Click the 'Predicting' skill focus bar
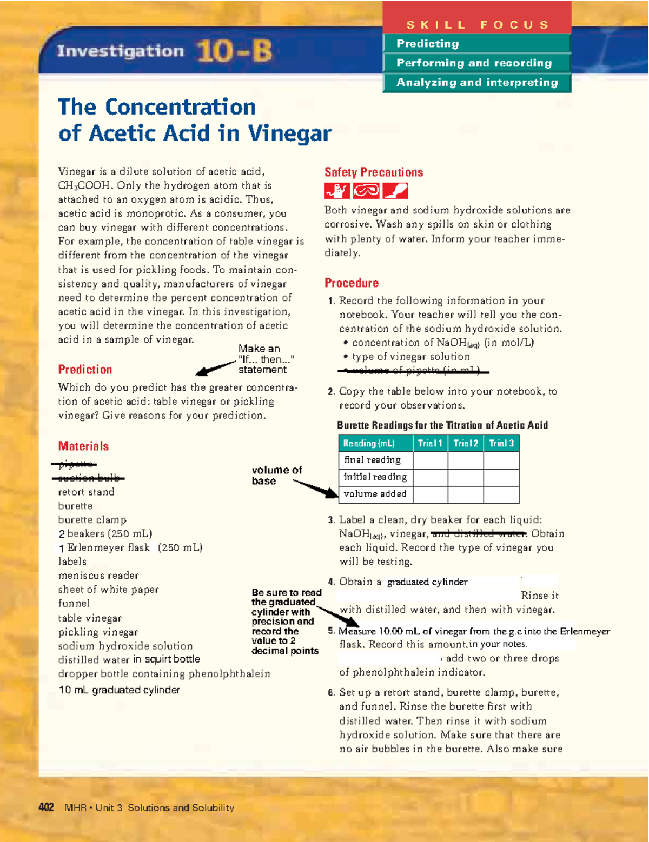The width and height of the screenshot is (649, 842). point(476,44)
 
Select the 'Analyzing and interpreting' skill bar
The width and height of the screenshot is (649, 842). point(476,83)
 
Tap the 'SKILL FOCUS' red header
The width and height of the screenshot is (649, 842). point(477,24)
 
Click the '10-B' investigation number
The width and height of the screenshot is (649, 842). point(234,52)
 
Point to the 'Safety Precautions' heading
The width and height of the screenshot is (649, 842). point(373,172)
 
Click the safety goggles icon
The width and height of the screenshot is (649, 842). point(366,191)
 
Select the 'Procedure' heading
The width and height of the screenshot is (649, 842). point(351,283)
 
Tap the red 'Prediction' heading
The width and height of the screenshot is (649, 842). point(85,370)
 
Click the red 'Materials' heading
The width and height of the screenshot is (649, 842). point(83,446)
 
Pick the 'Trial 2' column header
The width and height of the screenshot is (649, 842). point(465,444)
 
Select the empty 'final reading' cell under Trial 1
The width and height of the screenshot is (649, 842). point(430,460)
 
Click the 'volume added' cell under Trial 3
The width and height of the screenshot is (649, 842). point(501,494)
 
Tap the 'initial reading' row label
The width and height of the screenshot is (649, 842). point(375,477)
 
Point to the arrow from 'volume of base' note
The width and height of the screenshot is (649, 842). point(316,488)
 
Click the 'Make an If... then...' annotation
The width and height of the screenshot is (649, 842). point(266,359)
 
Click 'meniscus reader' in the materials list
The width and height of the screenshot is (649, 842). point(98,576)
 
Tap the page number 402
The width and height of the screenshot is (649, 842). point(46,807)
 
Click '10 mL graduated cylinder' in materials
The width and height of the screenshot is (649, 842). point(119,690)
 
